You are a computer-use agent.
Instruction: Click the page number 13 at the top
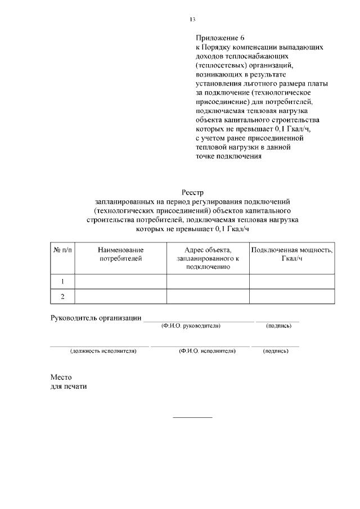point(192,20)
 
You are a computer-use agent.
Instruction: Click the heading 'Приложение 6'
point(217,39)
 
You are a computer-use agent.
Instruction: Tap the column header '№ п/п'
point(62,250)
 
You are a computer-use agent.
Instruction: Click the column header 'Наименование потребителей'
point(120,254)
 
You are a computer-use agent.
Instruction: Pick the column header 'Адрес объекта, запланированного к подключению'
point(208,258)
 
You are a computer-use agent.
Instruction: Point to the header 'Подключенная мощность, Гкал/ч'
point(292,254)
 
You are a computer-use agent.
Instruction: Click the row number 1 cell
point(62,281)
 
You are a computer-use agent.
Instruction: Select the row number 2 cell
point(62,296)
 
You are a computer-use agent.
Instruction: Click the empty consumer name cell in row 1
point(120,281)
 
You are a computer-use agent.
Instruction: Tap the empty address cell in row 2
point(208,296)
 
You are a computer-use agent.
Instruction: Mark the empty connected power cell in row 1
point(292,281)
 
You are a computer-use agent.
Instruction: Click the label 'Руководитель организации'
point(96,318)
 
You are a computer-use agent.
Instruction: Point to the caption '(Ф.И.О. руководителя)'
point(191,326)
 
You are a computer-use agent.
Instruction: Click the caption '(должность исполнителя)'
point(103,351)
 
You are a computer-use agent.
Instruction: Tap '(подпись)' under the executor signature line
point(276,351)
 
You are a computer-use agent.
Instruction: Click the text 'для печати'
point(69,386)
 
